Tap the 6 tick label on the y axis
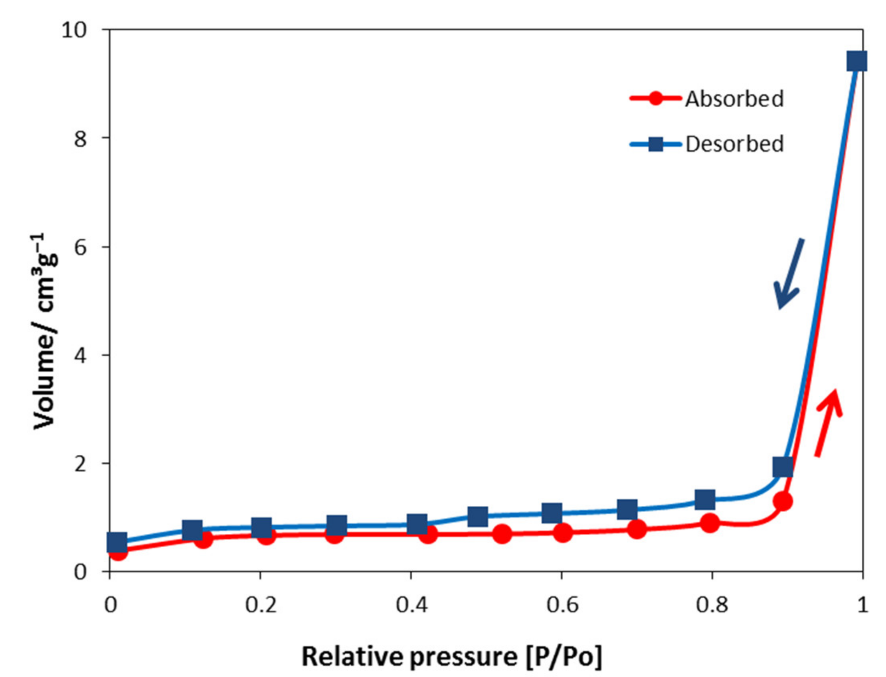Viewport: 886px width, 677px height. pyautogui.click(x=81, y=247)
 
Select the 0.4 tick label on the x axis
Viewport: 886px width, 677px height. pyautogui.click(x=411, y=605)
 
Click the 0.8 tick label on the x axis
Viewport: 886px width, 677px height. pyautogui.click(x=712, y=605)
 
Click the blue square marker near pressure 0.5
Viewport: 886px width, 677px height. pyautogui.click(x=478, y=516)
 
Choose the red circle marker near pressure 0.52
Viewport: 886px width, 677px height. pyautogui.click(x=502, y=534)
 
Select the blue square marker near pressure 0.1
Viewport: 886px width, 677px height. pyautogui.click(x=192, y=530)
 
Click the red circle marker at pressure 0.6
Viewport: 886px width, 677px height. pyautogui.click(x=563, y=533)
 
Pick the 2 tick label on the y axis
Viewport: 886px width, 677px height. pyautogui.click(x=81, y=463)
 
